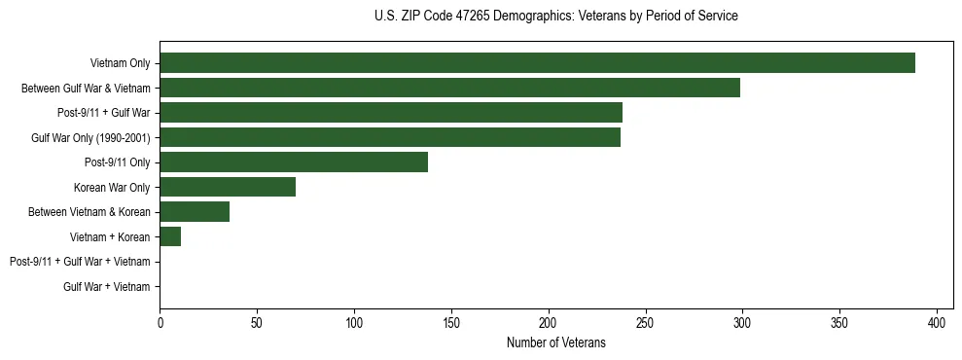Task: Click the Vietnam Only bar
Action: pos(537,63)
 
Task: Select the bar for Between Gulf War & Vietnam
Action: pos(449,89)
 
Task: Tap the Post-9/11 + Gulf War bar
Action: pos(391,113)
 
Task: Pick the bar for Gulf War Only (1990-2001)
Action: pos(390,138)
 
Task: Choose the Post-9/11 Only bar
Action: pos(294,162)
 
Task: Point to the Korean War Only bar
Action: pos(228,188)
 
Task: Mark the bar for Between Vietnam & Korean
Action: pos(195,212)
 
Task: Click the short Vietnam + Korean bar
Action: pos(170,236)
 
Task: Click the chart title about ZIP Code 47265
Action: pos(555,17)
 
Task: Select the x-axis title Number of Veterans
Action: pos(555,342)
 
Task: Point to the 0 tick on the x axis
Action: pos(160,322)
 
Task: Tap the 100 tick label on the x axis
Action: pos(354,322)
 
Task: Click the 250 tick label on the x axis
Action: pos(645,322)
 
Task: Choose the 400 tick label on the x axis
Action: pos(937,322)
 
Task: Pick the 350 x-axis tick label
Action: pos(839,322)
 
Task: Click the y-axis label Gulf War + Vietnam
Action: pos(107,286)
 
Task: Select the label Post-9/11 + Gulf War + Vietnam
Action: pos(80,262)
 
